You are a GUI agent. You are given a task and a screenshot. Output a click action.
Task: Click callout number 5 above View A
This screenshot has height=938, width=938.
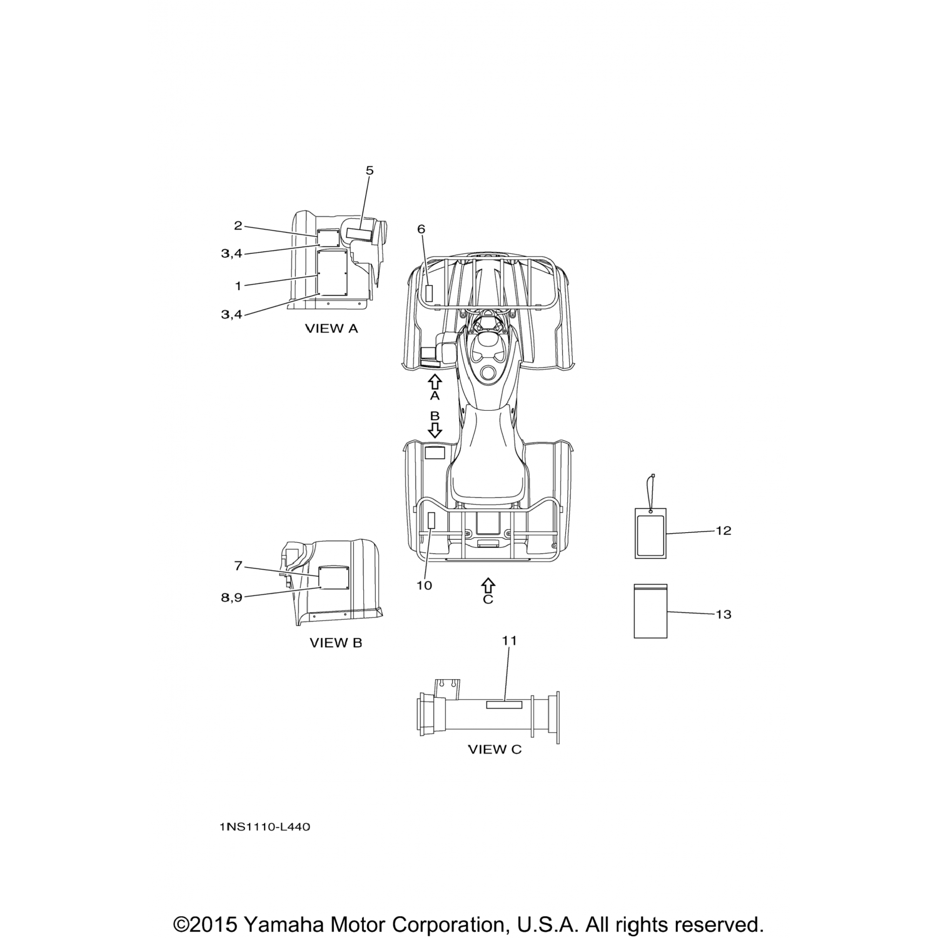tap(370, 170)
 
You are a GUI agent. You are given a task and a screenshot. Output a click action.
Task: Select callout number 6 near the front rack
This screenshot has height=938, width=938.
tap(421, 229)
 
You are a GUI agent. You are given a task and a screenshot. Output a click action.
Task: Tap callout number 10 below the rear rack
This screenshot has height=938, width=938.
tap(424, 585)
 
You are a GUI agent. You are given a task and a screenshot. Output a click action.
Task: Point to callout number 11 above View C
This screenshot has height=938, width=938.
tap(510, 640)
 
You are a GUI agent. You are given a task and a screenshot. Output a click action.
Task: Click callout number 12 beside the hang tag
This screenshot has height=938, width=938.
tap(724, 530)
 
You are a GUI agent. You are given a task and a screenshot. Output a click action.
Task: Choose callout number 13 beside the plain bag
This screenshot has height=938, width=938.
tap(724, 614)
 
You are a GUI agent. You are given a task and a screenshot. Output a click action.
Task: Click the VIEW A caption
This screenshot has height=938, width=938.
tap(331, 328)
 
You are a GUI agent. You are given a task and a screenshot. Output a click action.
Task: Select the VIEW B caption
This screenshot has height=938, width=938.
tap(336, 643)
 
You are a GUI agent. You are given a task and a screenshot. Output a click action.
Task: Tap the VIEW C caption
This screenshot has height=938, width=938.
tap(495, 749)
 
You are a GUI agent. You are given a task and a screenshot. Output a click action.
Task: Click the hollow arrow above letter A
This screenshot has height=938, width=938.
tap(435, 382)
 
